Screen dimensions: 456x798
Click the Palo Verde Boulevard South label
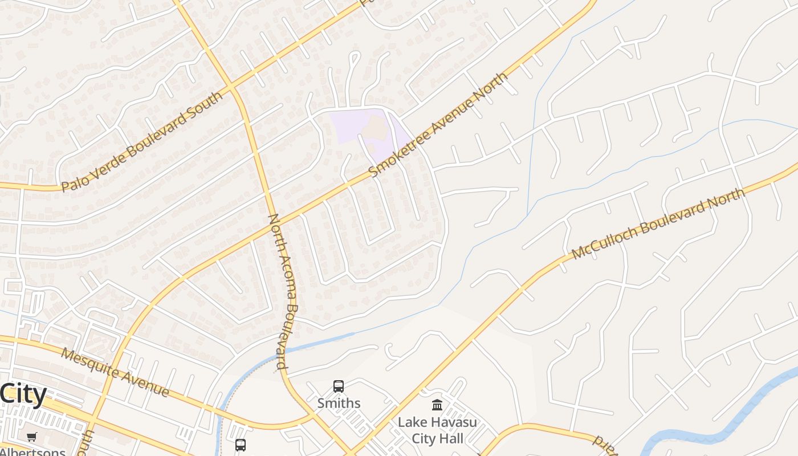click(x=142, y=141)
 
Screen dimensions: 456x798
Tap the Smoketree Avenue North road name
click(x=438, y=125)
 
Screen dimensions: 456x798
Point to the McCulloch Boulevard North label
click(x=658, y=223)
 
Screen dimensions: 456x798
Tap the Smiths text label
click(x=339, y=403)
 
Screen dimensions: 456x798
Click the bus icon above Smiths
click(x=339, y=386)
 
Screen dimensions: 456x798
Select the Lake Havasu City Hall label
click(x=437, y=430)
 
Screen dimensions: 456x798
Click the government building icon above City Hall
click(x=437, y=405)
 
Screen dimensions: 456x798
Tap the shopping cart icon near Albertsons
click(x=31, y=437)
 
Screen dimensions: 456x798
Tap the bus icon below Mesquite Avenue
click(x=241, y=445)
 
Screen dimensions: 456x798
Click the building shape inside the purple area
click(x=373, y=128)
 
